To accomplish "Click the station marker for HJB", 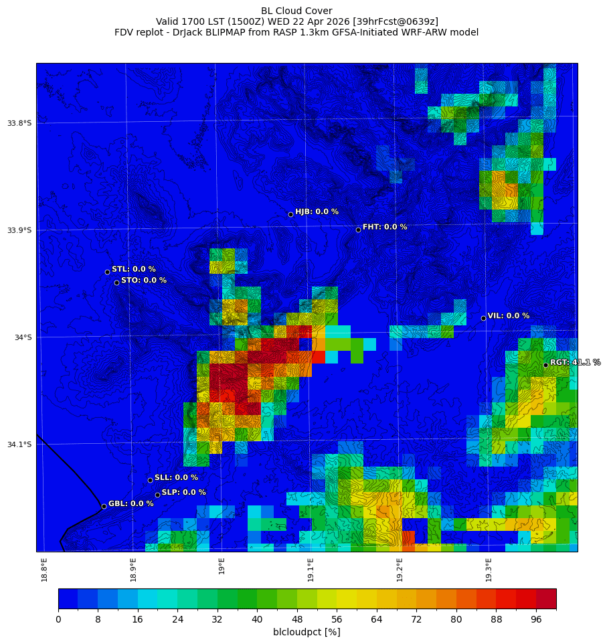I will [x=290, y=214].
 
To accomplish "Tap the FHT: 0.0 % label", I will [x=385, y=227].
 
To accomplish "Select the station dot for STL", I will [x=107, y=272].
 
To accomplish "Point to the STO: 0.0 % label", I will [x=144, y=280].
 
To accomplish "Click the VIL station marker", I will [x=483, y=318].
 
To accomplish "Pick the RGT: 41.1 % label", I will [x=575, y=362].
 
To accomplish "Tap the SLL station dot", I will [x=150, y=480].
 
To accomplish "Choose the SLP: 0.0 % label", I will [x=183, y=492].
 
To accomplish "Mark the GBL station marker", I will [x=104, y=506].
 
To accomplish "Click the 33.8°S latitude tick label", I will [x=19, y=123].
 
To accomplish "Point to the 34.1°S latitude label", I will [x=19, y=445].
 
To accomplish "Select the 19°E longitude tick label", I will [x=222, y=566].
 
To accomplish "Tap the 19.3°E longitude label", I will [x=489, y=570].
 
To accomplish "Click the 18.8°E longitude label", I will [x=44, y=570].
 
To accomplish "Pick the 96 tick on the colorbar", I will [x=536, y=620].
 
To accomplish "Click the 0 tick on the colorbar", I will [x=58, y=620].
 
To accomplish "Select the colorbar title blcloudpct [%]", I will [x=307, y=632].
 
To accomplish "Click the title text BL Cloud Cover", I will [x=296, y=11].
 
